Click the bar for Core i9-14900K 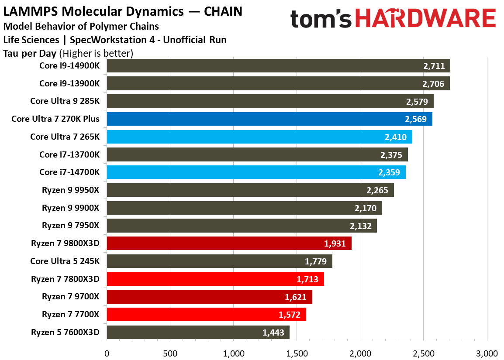click(x=278, y=66)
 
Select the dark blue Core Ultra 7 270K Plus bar click(x=269, y=119)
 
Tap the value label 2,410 click(x=396, y=137)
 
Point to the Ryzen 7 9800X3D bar click(x=229, y=243)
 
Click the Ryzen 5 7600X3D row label click(x=65, y=333)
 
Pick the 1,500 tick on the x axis click(x=297, y=353)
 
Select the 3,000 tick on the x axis click(x=487, y=353)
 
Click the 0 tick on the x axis click(x=107, y=353)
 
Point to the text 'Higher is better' click(x=96, y=54)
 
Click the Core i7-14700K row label click(x=69, y=172)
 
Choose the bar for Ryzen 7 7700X click(x=206, y=315)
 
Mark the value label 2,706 click(x=434, y=84)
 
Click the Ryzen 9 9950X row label click(x=71, y=190)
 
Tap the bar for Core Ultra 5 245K click(x=219, y=261)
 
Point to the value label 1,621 click(x=296, y=297)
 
